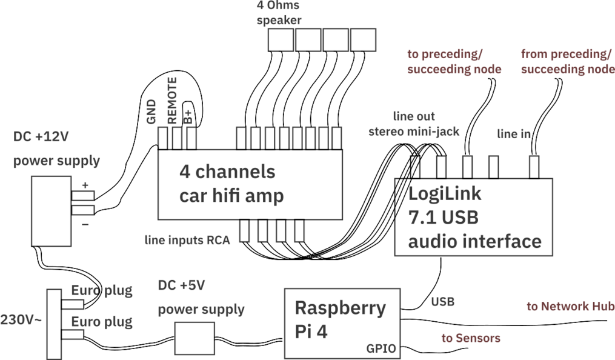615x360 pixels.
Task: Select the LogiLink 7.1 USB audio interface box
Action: pyautogui.click(x=474, y=217)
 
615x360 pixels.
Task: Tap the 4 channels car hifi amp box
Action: pyautogui.click(x=250, y=184)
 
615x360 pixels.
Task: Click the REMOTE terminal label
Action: pyautogui.click(x=172, y=101)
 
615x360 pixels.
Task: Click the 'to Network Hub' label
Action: pyautogui.click(x=570, y=307)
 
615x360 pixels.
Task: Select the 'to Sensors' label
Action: pyautogui.click(x=471, y=338)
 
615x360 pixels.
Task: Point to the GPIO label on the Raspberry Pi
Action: pyautogui.click(x=381, y=348)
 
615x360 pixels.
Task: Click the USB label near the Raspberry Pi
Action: pyautogui.click(x=443, y=301)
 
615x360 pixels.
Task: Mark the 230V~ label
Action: pyautogui.click(x=21, y=319)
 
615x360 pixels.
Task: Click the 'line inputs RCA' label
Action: pyautogui.click(x=187, y=241)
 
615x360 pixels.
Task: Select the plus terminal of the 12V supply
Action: pyautogui.click(x=83, y=196)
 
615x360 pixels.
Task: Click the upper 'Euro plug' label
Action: pyautogui.click(x=102, y=290)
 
